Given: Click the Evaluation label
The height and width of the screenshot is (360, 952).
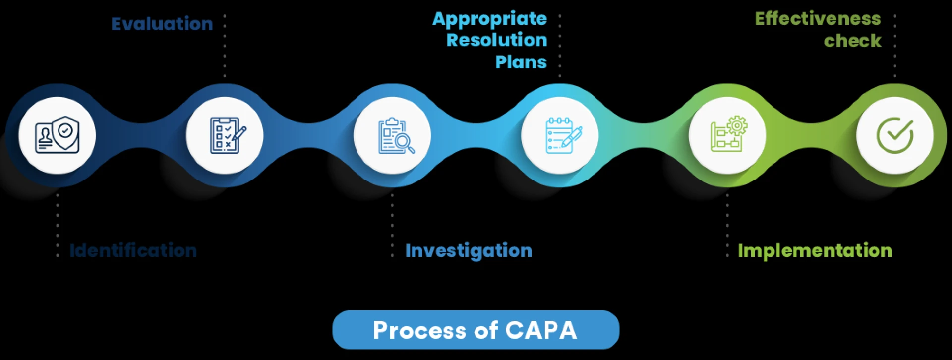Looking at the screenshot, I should click(x=162, y=24).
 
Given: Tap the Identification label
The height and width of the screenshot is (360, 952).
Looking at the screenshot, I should click(x=133, y=250).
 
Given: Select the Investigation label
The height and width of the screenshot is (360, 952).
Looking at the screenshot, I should click(x=469, y=251).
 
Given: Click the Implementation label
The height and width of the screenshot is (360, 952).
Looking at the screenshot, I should click(x=815, y=251).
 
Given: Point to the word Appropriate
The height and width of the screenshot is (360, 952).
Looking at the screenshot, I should click(x=489, y=19).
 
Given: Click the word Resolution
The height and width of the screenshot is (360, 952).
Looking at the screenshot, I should click(x=497, y=40).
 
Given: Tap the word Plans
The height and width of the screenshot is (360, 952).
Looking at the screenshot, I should click(x=521, y=62).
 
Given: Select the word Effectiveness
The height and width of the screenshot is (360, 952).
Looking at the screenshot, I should click(x=818, y=19).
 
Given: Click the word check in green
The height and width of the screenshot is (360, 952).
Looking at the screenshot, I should click(x=852, y=41).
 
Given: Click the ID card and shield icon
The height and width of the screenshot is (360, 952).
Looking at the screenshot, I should click(x=57, y=135).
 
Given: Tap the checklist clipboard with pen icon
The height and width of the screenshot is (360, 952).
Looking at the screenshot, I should click(x=225, y=135).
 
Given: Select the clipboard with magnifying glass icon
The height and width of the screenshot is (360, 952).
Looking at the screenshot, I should click(x=393, y=135).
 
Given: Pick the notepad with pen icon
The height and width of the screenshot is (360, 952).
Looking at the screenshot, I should click(x=560, y=135).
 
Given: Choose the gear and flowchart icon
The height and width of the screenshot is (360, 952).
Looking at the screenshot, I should click(x=728, y=135).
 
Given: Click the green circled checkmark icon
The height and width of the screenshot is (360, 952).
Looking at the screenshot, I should click(x=895, y=135).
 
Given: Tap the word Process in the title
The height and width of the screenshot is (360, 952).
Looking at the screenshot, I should click(x=419, y=330).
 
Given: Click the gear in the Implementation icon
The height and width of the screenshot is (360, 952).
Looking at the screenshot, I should click(x=737, y=126).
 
